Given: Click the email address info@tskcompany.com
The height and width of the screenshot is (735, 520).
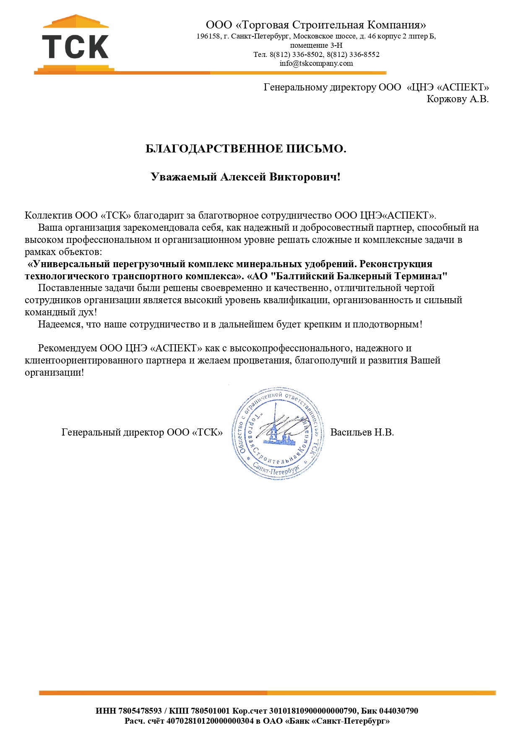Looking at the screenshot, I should click(316, 64).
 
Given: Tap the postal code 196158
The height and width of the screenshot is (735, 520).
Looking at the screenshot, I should click(208, 36).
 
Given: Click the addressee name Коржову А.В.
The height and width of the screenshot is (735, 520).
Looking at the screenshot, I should click(458, 99).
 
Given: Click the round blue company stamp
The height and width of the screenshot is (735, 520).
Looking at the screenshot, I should click(278, 433).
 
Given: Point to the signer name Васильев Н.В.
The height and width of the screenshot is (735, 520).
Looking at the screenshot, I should click(362, 433).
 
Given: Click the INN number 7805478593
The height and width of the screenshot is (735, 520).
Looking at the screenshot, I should click(140, 711).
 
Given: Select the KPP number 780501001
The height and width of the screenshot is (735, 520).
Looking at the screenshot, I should click(210, 711).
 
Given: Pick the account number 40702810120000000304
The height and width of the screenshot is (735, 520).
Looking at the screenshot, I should click(210, 721).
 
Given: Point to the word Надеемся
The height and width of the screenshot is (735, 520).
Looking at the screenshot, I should click(61, 325).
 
